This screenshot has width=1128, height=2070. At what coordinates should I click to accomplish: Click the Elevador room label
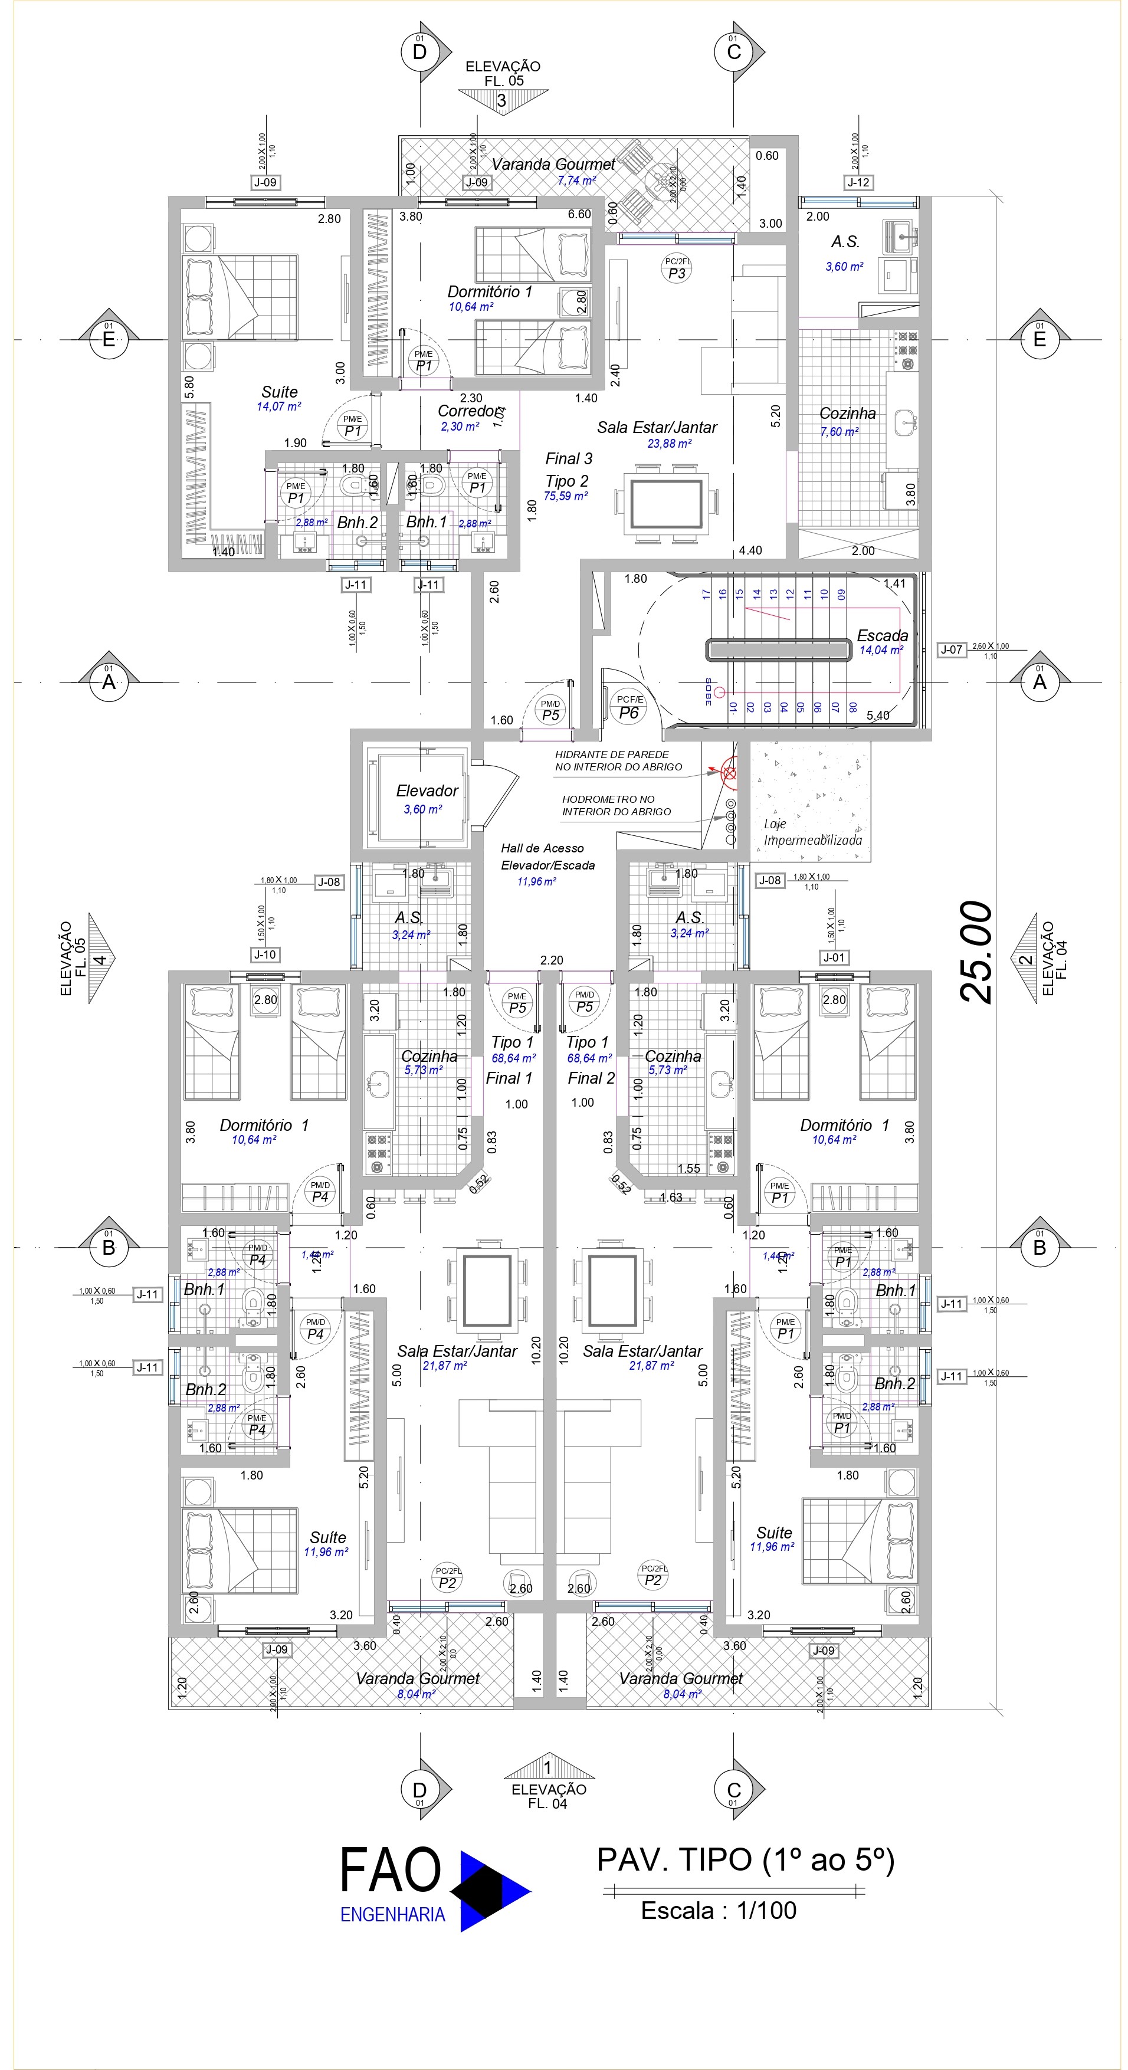coord(427,790)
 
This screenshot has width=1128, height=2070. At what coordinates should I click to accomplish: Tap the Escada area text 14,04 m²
coord(881,650)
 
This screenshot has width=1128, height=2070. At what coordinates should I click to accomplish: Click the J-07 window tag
coord(951,649)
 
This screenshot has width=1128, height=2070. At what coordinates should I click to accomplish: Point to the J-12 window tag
coord(858,182)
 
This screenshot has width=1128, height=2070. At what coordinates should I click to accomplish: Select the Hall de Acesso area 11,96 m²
coord(537,881)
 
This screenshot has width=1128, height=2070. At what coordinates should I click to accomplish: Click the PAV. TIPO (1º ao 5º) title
coord(745,1859)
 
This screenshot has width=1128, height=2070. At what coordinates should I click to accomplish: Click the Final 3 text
coord(568,459)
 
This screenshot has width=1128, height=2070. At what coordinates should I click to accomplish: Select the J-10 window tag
coord(264,954)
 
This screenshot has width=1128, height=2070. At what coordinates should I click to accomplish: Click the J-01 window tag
coord(834,957)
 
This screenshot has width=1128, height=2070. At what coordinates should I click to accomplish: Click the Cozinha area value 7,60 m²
coord(839,431)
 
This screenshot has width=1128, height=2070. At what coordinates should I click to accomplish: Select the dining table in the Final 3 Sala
coord(666,503)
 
